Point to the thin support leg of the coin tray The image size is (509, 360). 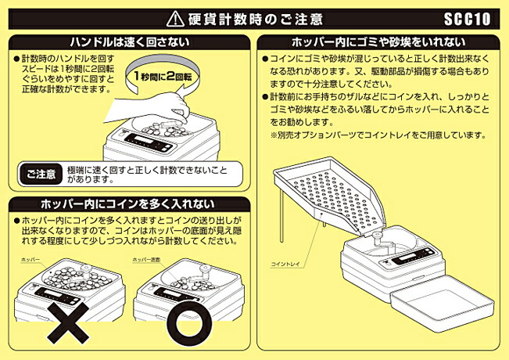click(321, 229)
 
